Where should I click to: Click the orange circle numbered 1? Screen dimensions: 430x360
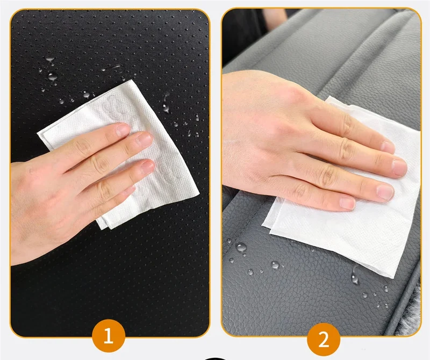coord(109,336)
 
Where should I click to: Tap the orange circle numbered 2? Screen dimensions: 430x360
coord(324,339)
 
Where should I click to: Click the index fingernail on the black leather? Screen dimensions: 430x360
coord(123,129)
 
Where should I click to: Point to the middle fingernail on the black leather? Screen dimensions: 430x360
coord(145,139)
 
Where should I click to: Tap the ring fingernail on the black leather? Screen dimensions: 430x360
coord(147,167)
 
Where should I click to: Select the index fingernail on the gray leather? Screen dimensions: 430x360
coord(388,147)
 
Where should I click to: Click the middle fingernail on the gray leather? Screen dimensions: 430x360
coord(399,168)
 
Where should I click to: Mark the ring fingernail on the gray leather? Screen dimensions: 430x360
coord(385,192)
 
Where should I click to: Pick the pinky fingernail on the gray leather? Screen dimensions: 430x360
coord(347,203)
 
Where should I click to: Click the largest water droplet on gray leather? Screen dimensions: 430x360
coord(241,248)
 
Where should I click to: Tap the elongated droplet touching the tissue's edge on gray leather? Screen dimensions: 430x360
coord(355,276)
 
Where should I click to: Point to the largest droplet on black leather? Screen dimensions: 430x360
coord(52,76)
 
